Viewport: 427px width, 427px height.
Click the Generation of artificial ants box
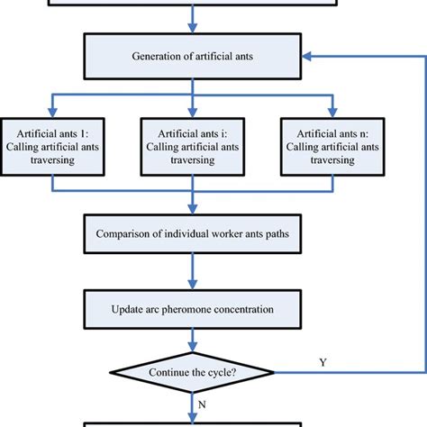[193, 55]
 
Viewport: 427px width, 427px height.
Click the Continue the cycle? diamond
[193, 369]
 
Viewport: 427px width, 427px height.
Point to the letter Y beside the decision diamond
[322, 361]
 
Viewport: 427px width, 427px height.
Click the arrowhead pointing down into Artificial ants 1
[53, 113]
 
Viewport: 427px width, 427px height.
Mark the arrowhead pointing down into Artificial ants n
[328, 113]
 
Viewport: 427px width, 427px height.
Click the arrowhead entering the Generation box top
[193, 28]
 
